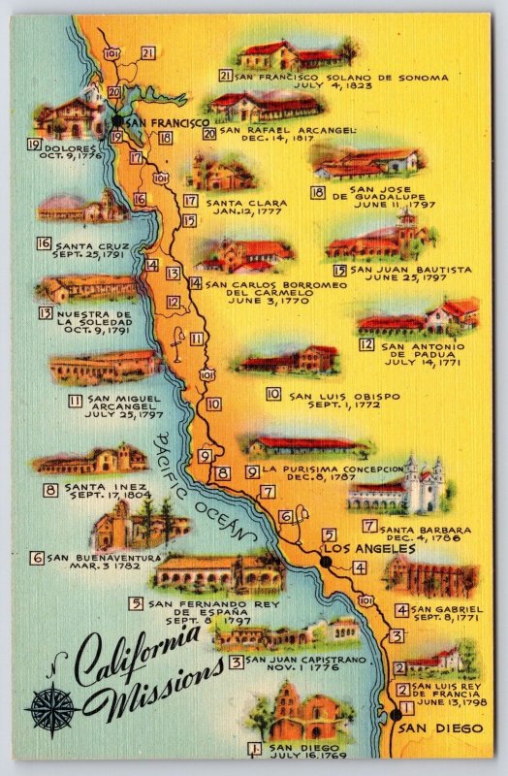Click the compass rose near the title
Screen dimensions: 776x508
(52, 709)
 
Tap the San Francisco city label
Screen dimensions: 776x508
(166, 123)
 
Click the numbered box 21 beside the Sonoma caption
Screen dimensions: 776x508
(225, 76)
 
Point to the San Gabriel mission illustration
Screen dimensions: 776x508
(430, 579)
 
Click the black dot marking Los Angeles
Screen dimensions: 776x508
(326, 561)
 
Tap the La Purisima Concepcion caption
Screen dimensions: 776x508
(334, 470)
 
